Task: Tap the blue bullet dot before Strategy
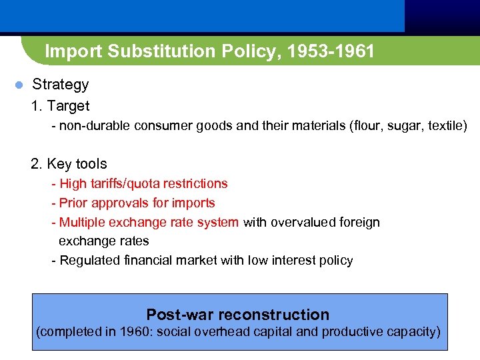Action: pos(19,85)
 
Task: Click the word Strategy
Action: pos(60,85)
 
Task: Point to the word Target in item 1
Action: pos(68,106)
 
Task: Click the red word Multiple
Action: pos(81,222)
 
